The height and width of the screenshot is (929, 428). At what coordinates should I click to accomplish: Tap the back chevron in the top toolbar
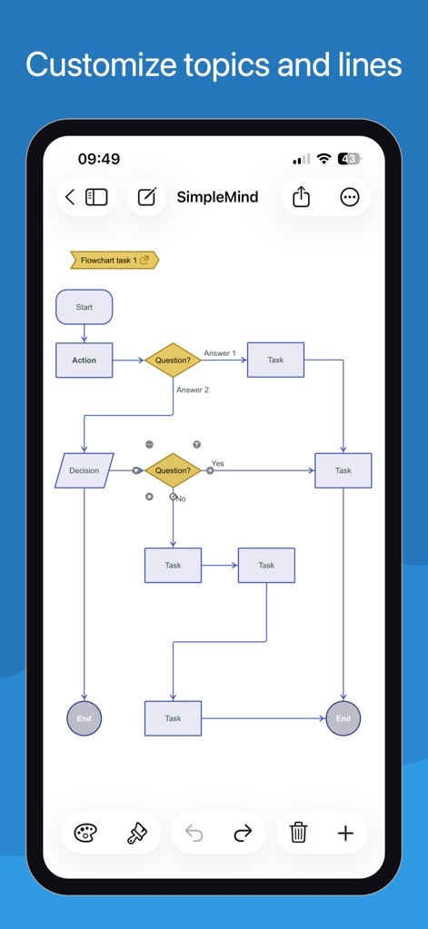click(x=71, y=197)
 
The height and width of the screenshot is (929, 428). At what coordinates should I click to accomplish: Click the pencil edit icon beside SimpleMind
click(x=146, y=197)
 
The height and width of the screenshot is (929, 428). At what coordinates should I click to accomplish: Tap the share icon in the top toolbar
click(x=302, y=197)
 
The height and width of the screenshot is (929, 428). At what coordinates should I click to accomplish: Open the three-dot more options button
click(x=349, y=197)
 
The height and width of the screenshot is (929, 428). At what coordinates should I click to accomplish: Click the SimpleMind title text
click(x=217, y=197)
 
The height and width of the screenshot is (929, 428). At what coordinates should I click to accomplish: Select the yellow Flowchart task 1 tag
click(x=114, y=261)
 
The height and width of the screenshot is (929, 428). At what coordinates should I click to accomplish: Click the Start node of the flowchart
click(x=85, y=307)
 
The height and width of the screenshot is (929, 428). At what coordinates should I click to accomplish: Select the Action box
click(x=85, y=361)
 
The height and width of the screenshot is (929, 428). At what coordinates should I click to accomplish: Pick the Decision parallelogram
click(x=85, y=470)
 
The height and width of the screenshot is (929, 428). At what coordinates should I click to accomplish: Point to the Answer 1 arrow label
click(x=220, y=353)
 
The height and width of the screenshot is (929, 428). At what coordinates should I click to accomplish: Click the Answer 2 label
click(x=193, y=390)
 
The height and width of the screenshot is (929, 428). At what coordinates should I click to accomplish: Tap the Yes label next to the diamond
click(x=218, y=463)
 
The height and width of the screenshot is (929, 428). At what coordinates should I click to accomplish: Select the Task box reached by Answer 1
click(x=275, y=361)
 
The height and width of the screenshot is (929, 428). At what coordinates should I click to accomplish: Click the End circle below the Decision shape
click(x=85, y=718)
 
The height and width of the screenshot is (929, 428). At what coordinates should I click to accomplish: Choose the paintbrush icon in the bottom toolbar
click(x=136, y=833)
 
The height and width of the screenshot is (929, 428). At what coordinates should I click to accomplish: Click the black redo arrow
click(x=243, y=833)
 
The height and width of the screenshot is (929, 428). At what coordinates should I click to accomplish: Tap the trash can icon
click(x=298, y=833)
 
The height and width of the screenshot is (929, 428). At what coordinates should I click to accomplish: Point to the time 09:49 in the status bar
click(x=99, y=159)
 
